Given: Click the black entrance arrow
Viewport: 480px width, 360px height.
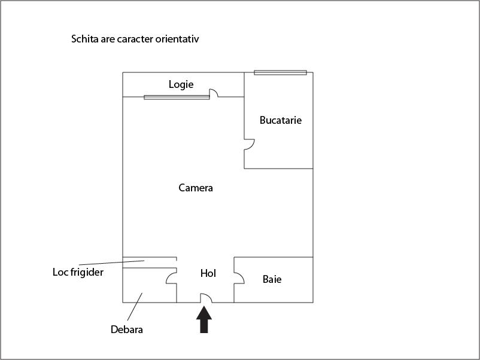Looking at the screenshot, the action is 204,319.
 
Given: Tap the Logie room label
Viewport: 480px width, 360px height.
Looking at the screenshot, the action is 181,84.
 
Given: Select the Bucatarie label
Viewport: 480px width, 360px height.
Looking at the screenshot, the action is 281,120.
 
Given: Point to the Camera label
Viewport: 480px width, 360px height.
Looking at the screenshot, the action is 196,188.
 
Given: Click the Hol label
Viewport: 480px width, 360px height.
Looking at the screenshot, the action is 208,273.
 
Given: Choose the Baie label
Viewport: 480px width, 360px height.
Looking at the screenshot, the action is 272,279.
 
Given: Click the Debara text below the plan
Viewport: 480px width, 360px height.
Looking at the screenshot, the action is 127,330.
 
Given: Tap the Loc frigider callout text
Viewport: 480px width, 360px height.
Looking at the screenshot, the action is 78,272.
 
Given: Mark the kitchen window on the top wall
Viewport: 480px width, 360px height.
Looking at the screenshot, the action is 281,72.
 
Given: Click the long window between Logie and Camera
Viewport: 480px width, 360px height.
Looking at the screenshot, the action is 177,97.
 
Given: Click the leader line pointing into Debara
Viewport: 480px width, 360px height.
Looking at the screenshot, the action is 135,307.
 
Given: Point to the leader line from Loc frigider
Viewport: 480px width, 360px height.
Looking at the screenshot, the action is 112,263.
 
